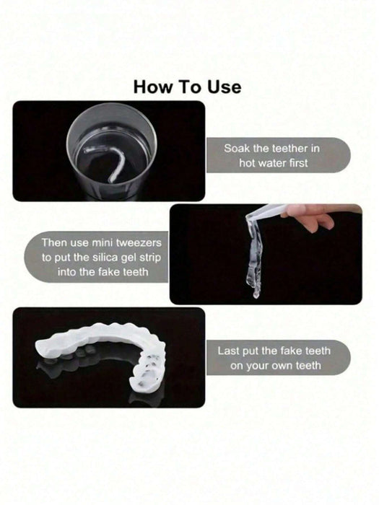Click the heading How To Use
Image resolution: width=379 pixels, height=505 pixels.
tap(187, 87)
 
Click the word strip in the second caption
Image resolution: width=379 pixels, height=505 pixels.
tap(150, 258)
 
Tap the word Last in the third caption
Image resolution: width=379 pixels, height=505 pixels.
tap(228, 351)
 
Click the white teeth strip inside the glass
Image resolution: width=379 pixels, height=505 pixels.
tap(110, 161)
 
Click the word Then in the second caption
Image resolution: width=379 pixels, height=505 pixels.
tap(54, 242)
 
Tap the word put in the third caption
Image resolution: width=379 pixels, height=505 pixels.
tap(251, 351)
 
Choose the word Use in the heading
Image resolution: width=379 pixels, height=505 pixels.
tap(225, 87)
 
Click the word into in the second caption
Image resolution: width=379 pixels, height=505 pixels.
tap(66, 272)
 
